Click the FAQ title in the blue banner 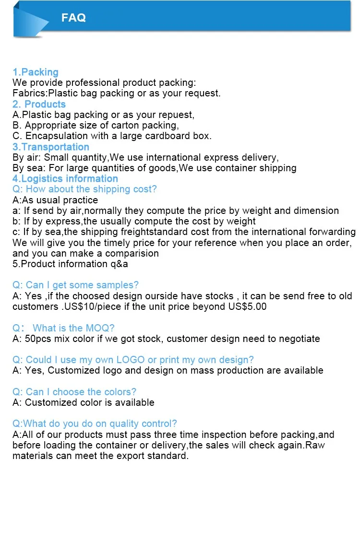[73, 18]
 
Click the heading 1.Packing [36, 72]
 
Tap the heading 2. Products [39, 105]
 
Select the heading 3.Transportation [51, 147]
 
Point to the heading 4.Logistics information [65, 179]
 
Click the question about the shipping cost [84, 189]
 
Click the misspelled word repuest [176, 115]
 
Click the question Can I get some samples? [75, 285]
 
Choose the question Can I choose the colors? [74, 392]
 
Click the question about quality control [95, 424]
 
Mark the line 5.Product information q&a [70, 264]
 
